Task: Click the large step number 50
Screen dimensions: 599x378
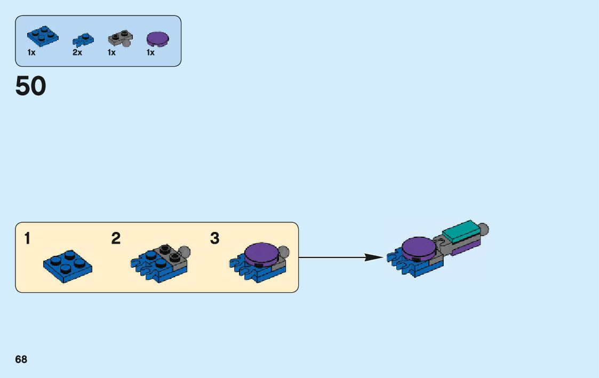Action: pyautogui.click(x=31, y=86)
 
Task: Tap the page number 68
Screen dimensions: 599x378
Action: pyautogui.click(x=21, y=359)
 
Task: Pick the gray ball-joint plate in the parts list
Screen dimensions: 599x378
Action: pyautogui.click(x=120, y=38)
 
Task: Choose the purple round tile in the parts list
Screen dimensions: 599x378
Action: pyautogui.click(x=158, y=38)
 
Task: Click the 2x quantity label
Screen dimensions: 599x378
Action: pyautogui.click(x=77, y=53)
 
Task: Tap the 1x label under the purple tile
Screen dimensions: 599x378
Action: pyautogui.click(x=151, y=53)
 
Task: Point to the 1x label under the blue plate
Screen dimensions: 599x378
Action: pyautogui.click(x=31, y=53)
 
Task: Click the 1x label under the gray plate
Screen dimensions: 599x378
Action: pyautogui.click(x=111, y=53)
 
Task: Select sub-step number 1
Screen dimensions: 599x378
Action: pyautogui.click(x=27, y=239)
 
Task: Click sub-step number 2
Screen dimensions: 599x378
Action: pyautogui.click(x=116, y=239)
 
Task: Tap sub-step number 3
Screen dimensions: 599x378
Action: pyautogui.click(x=214, y=239)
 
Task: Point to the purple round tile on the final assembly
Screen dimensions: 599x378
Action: pyautogui.click(x=419, y=247)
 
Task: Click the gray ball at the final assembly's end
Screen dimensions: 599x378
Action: pyautogui.click(x=484, y=230)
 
